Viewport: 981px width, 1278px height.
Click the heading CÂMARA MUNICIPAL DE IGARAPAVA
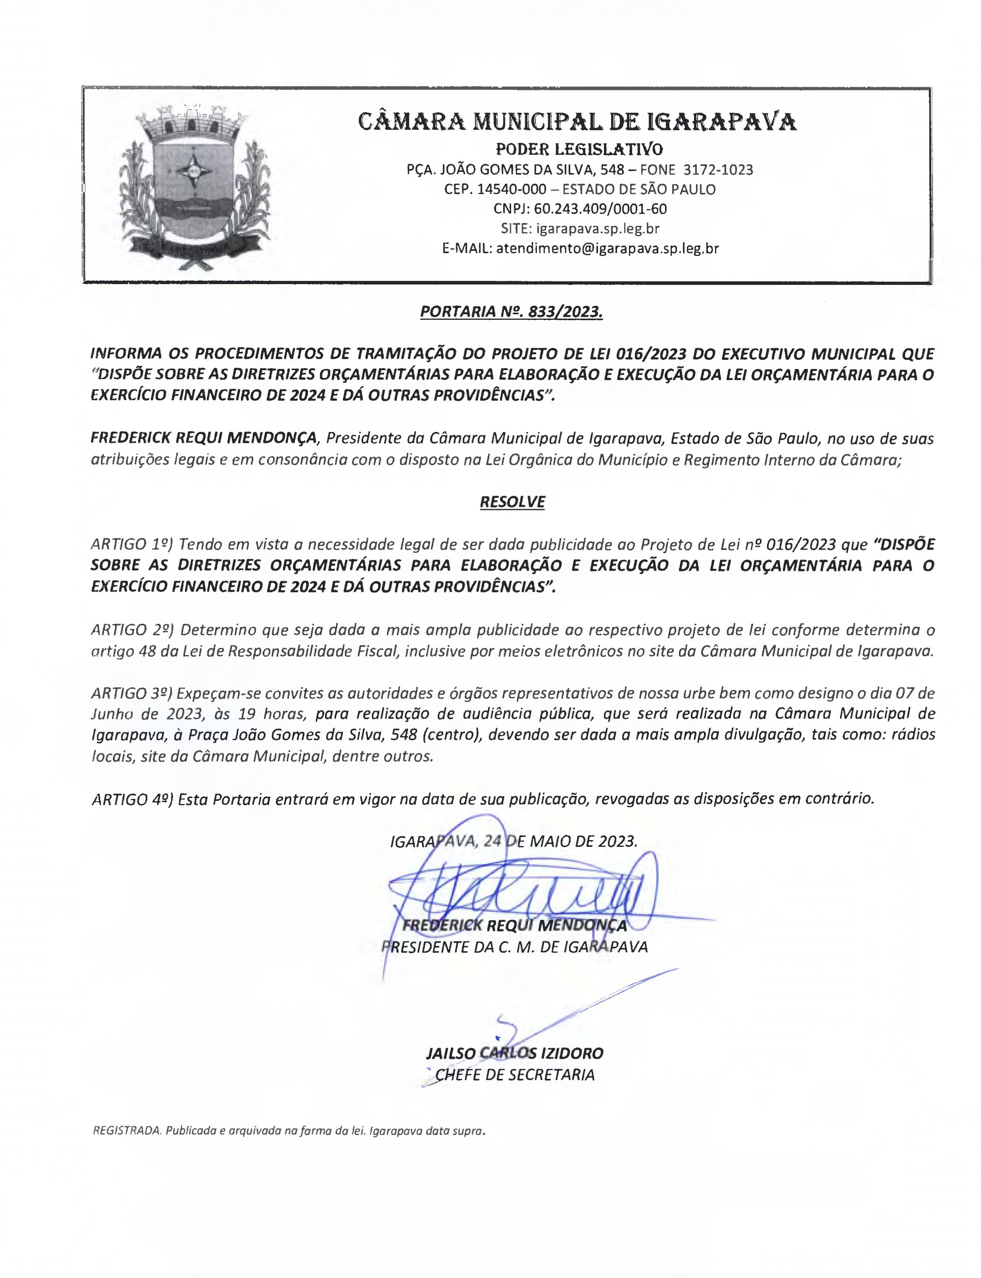(577, 122)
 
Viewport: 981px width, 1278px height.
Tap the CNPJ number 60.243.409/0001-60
(600, 208)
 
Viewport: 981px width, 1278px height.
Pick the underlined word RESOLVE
(512, 502)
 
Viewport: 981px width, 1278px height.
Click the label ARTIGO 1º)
(132, 544)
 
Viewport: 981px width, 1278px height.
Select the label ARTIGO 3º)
(132, 693)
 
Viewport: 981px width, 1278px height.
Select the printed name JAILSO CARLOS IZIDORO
(514, 1053)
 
